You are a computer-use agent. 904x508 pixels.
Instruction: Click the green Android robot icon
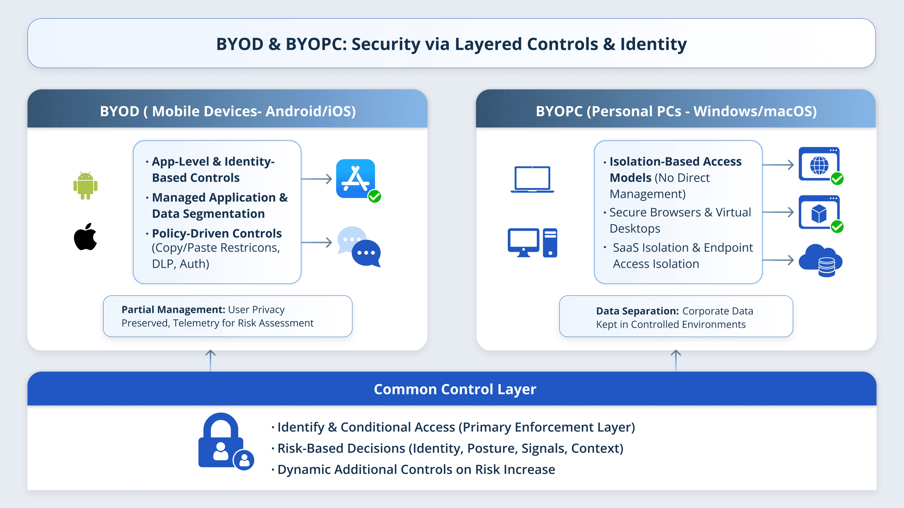85,186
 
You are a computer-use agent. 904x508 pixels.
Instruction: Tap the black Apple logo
85,237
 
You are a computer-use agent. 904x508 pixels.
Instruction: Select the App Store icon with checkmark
356,179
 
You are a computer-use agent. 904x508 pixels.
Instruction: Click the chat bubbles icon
359,247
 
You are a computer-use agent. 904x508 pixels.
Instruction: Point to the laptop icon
532,179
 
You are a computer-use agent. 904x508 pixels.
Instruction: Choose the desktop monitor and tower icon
532,243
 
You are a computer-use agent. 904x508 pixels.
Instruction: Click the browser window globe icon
819,165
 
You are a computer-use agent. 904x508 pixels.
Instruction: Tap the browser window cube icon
819,213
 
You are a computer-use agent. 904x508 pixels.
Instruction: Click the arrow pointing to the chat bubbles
317,242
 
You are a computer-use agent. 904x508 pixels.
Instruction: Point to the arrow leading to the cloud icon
778,260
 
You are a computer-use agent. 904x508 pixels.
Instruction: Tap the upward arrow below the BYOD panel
210,360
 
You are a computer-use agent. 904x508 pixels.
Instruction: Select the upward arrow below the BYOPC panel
676,360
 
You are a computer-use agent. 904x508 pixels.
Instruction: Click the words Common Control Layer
455,389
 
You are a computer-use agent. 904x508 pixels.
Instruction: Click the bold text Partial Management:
173,310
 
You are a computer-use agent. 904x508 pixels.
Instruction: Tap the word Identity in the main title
653,44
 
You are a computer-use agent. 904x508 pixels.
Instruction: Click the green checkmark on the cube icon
837,226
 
